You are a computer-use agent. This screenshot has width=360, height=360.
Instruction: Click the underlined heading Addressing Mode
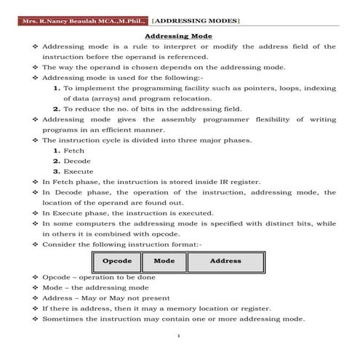click(179, 36)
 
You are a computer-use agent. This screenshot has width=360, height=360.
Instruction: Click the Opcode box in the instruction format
click(116, 261)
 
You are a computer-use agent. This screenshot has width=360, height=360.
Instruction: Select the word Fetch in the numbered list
click(74, 150)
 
